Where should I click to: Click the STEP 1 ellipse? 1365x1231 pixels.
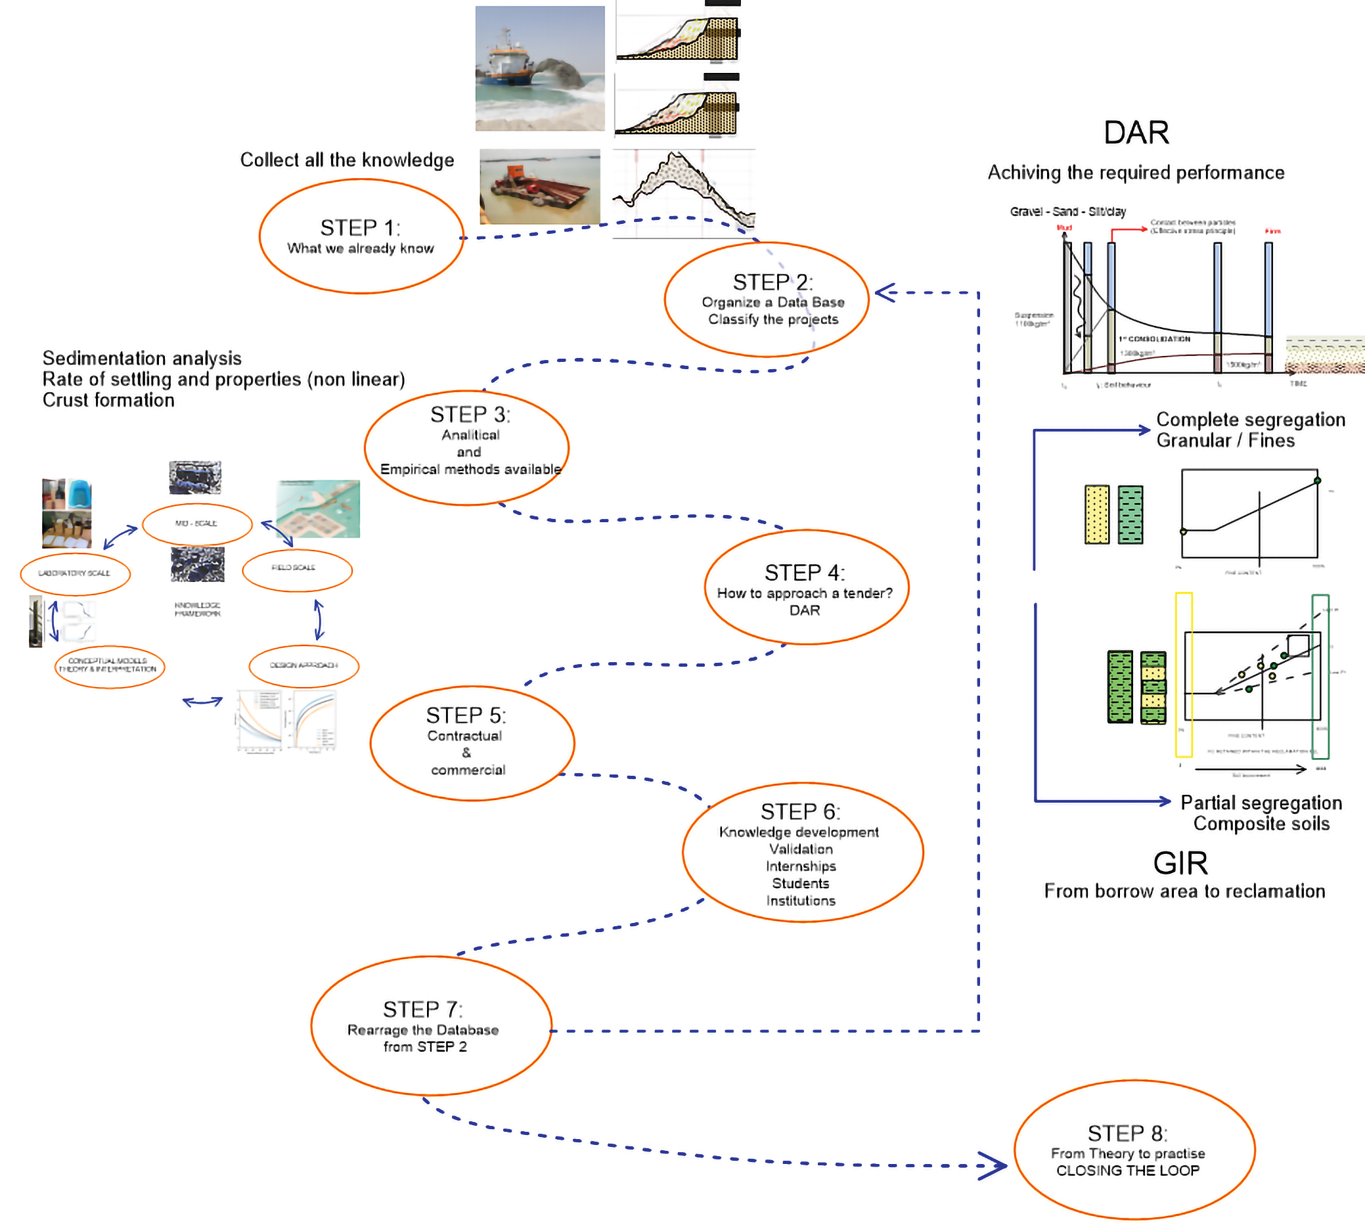pos(361,236)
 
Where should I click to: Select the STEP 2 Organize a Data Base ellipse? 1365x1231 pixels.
pos(767,300)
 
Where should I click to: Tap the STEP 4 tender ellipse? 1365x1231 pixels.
pos(806,588)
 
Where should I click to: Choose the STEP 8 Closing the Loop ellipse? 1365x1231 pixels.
pos(1134,1150)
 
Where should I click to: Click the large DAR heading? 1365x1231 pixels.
pos(1136,133)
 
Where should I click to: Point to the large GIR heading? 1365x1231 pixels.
pos(1180,864)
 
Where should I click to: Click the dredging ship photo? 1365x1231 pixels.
pos(540,68)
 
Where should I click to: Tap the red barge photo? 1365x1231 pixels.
pos(540,187)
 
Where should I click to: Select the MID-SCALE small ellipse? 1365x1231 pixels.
pos(197,524)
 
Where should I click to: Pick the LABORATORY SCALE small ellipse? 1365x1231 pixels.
pos(75,574)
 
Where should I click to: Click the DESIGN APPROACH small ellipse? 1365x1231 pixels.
pos(303,666)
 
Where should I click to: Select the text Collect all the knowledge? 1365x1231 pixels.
pos(347,160)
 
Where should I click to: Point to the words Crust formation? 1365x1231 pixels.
pos(108,401)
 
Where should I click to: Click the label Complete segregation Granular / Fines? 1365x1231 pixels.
pos(1250,430)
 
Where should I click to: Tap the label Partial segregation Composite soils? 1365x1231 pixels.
pos(1261,813)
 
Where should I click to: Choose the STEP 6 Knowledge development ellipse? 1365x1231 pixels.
pos(802,853)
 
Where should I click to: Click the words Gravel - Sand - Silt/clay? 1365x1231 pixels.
pos(1067,212)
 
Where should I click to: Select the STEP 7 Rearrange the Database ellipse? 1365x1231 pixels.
pos(431,1026)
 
